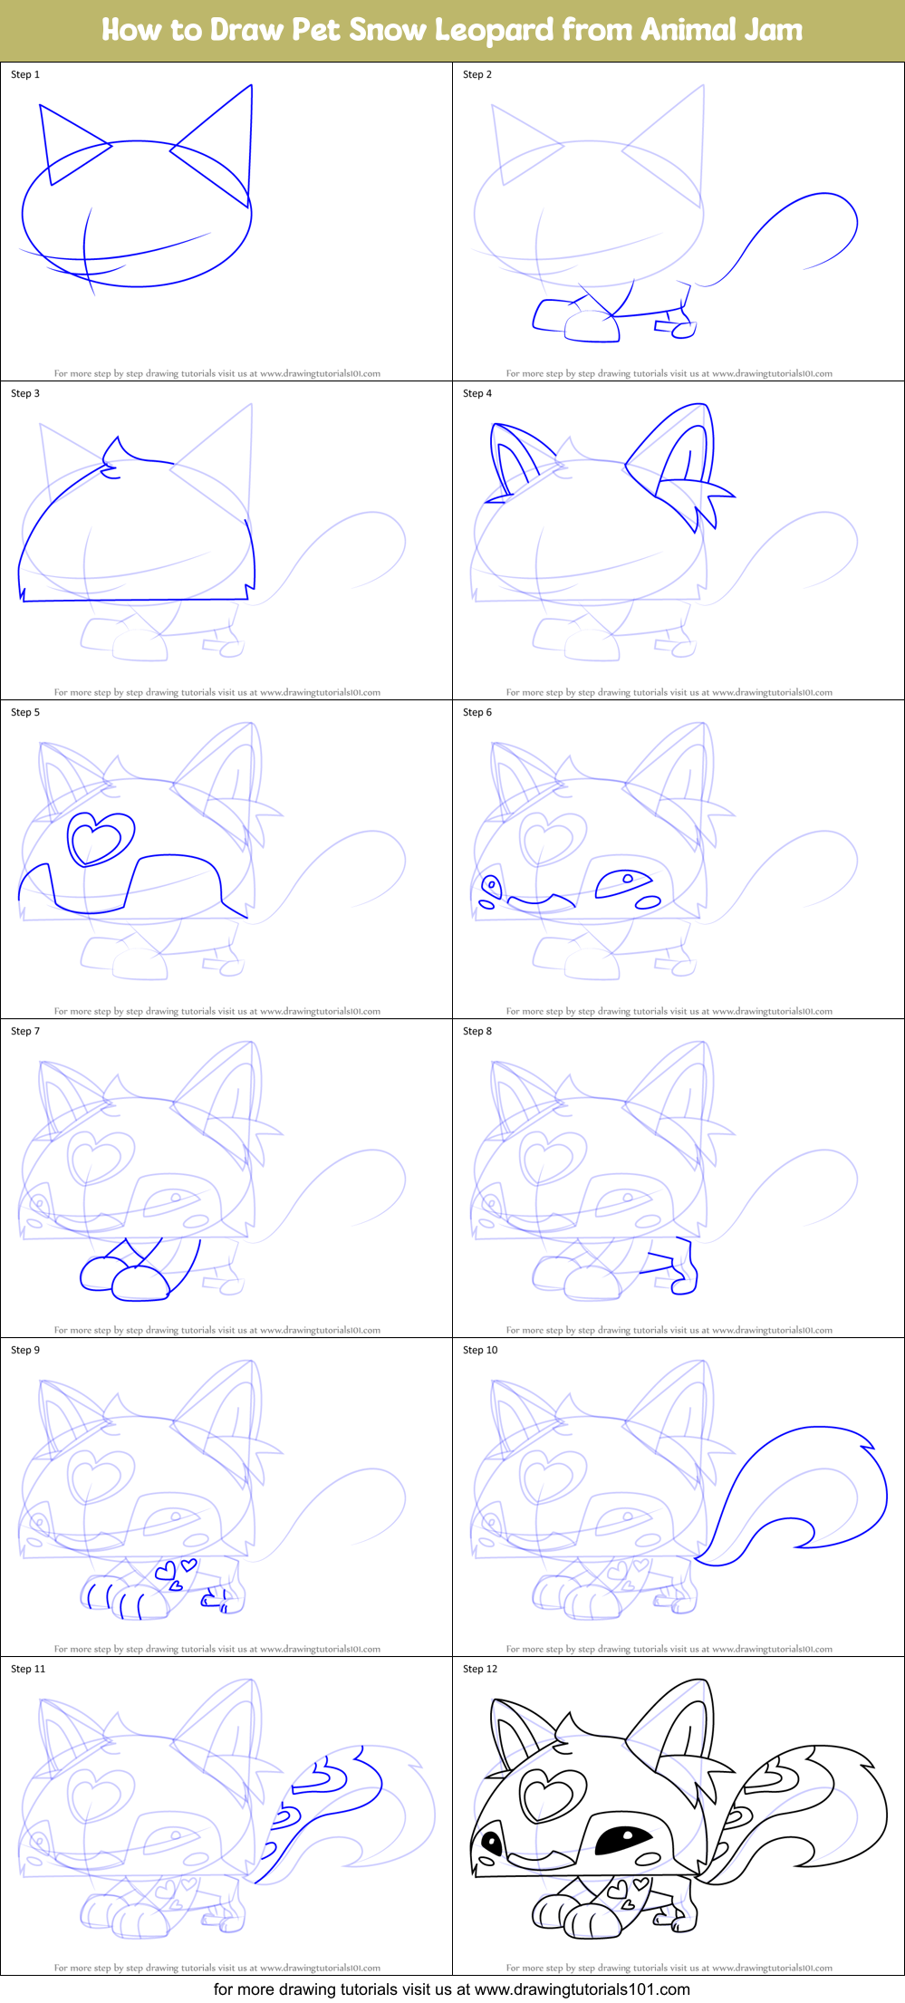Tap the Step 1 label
click(x=25, y=74)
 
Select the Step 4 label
click(x=477, y=393)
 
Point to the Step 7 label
click(x=25, y=1031)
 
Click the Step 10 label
click(x=480, y=1350)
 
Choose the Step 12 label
click(x=480, y=1669)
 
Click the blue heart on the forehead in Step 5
click(x=100, y=838)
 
